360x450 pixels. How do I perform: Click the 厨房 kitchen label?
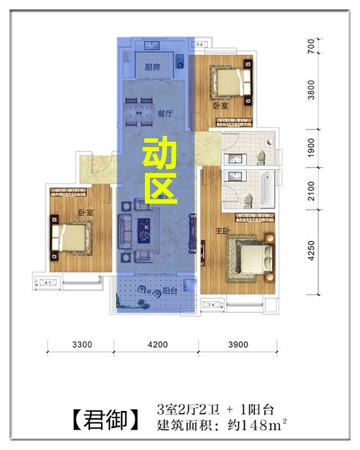point(152,67)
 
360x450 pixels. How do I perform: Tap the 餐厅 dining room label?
point(165,114)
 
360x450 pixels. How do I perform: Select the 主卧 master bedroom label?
point(222,230)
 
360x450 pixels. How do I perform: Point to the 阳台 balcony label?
point(170,291)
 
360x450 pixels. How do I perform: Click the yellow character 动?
point(160,153)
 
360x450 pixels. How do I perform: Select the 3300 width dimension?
point(82,344)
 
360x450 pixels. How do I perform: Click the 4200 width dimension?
point(158,344)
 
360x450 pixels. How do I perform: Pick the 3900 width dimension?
point(238,344)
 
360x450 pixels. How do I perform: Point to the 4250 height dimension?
point(311,251)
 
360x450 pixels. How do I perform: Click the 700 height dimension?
point(311,46)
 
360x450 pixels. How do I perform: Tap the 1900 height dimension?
point(311,148)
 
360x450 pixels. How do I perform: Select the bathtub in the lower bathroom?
point(267,189)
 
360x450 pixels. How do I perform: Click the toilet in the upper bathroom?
point(261,157)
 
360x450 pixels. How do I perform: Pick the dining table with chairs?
point(139,112)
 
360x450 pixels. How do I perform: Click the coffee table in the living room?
point(145,230)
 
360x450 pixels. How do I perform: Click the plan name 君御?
point(106,420)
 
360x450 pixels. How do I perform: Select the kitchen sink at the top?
point(152,45)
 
